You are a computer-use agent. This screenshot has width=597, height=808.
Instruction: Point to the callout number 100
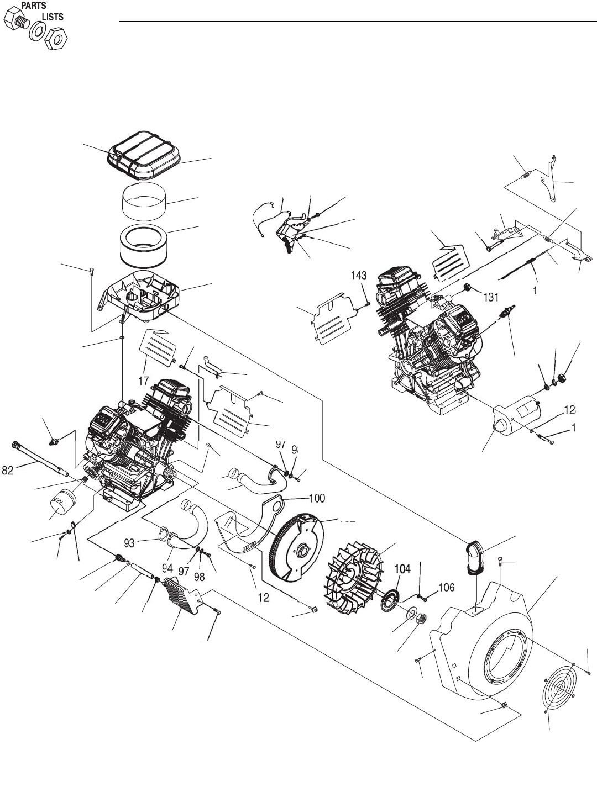tap(316, 498)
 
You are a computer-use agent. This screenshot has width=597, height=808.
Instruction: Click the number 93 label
tap(129, 543)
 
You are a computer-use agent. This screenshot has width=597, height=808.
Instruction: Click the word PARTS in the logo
tap(34, 6)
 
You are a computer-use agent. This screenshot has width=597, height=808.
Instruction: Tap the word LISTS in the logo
tap(53, 17)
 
